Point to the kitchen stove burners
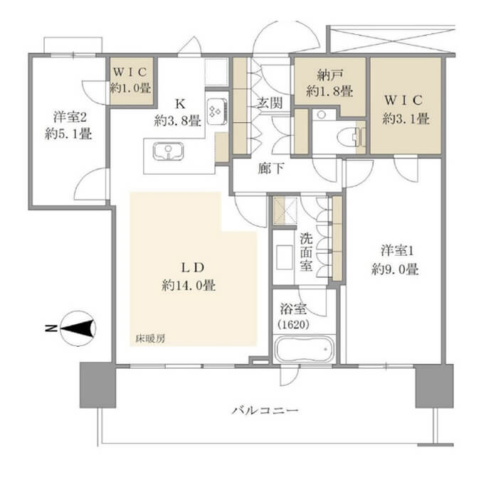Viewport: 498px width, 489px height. tap(216, 110)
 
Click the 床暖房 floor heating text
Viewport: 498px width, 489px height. tap(150, 339)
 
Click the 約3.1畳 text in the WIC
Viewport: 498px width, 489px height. tap(406, 119)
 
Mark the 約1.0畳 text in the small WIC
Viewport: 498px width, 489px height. tap(130, 90)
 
